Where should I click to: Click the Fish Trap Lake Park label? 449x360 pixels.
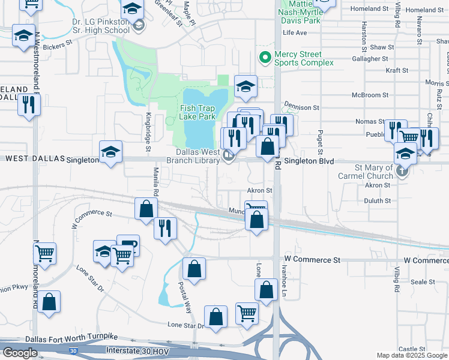(197, 112)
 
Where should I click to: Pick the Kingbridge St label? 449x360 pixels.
(148, 127)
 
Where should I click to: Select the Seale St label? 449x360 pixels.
(423, 281)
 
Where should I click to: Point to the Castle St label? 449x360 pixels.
(412, 349)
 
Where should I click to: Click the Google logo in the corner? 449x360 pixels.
(20, 353)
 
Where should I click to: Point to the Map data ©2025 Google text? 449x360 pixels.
(412, 356)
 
